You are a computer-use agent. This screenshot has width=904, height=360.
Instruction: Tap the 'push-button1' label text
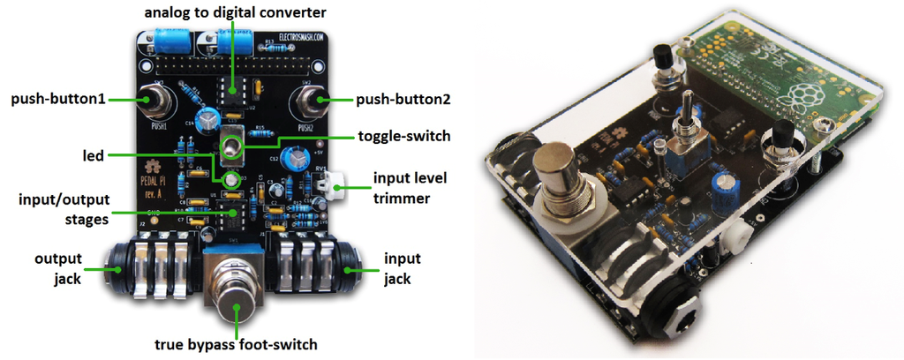[x=57, y=100]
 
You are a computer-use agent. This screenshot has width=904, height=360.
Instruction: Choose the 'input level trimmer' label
[x=409, y=187]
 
